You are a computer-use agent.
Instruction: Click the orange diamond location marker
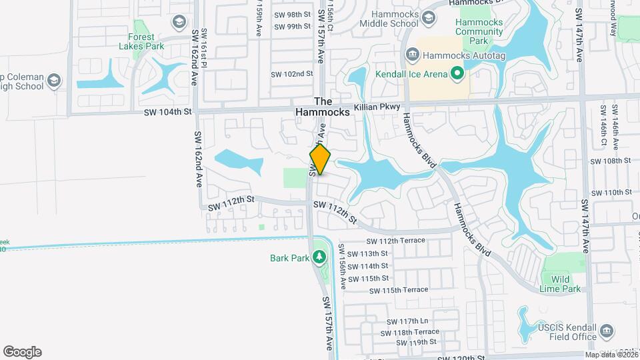[320, 160]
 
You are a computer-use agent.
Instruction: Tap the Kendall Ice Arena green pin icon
[457, 73]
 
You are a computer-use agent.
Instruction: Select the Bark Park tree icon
[319, 257]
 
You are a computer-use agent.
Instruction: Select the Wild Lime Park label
[561, 284]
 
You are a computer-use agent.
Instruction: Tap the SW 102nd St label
[291, 74]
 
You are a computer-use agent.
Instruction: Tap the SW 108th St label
[611, 161]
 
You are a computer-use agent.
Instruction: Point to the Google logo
[22, 351]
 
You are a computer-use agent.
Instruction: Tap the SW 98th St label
[292, 14]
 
